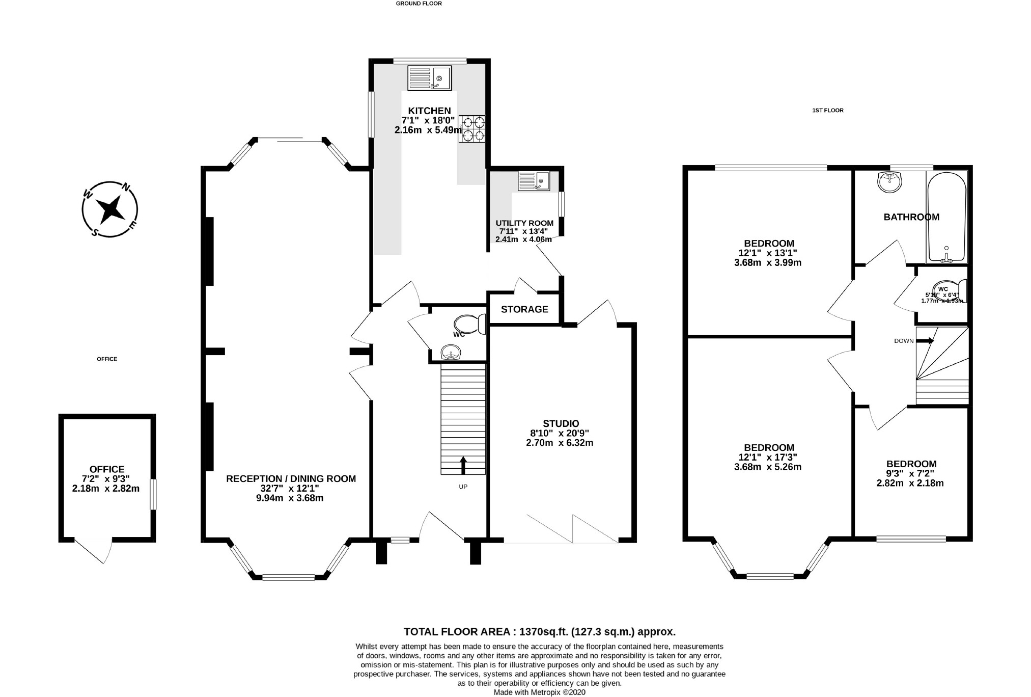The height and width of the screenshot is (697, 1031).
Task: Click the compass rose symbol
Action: [x=110, y=209]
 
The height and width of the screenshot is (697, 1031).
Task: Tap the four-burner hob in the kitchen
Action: [x=472, y=128]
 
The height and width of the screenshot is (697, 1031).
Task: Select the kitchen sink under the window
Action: [x=429, y=79]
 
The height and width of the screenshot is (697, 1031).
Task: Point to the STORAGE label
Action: [x=524, y=309]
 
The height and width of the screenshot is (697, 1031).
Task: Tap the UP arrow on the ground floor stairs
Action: [x=463, y=465]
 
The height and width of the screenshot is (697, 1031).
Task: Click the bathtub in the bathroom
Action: [x=946, y=217]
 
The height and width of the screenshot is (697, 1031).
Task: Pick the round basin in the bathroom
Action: [x=889, y=182]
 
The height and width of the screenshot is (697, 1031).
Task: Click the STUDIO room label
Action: [x=561, y=423]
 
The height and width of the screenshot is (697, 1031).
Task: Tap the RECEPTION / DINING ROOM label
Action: [x=291, y=478]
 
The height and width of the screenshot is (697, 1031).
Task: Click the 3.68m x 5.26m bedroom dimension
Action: [x=768, y=467]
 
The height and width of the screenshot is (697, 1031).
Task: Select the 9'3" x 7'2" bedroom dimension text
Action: [x=910, y=473]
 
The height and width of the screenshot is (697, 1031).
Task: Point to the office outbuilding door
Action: [x=94, y=550]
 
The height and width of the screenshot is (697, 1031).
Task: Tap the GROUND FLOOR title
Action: [x=419, y=4]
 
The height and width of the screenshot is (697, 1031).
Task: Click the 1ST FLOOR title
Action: [x=827, y=110]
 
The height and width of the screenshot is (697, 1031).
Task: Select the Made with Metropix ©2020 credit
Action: [x=539, y=692]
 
